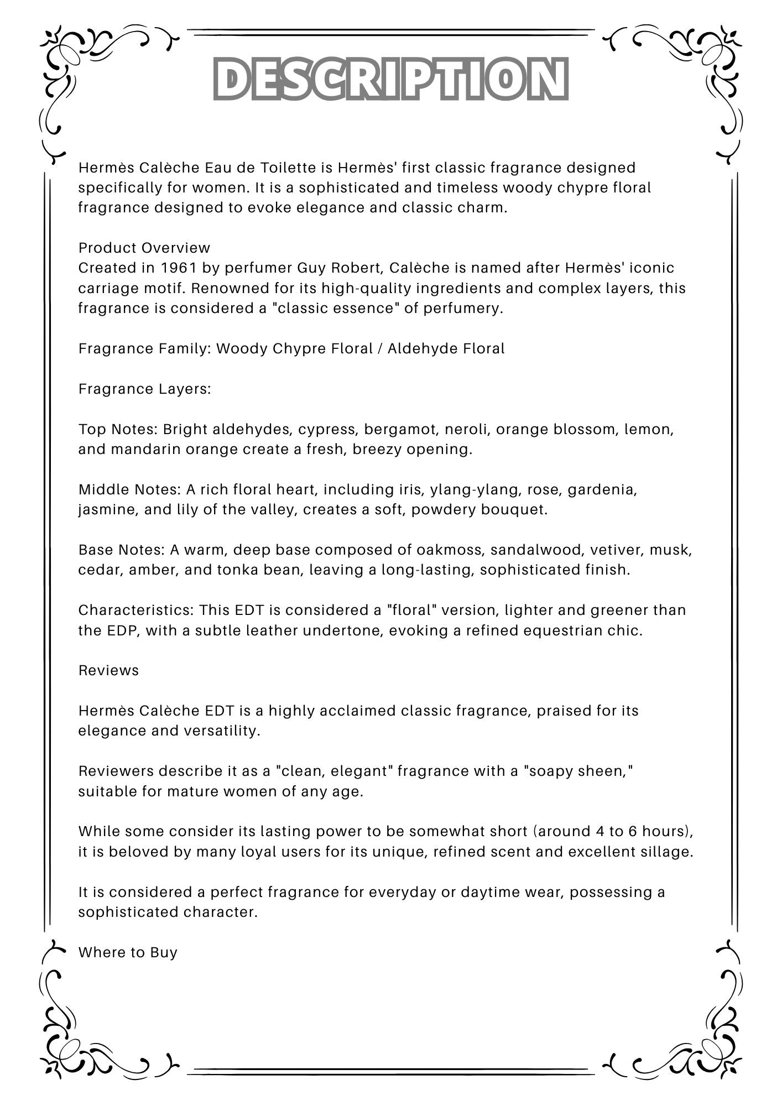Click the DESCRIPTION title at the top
[x=390, y=79]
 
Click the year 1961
[x=179, y=268]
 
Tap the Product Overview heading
[x=144, y=248]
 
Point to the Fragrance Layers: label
[x=144, y=389]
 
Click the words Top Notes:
[x=118, y=430]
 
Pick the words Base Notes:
[x=122, y=550]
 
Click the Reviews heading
[x=108, y=671]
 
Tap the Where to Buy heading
[x=128, y=953]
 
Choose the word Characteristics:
[x=136, y=611]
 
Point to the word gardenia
[x=602, y=490]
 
